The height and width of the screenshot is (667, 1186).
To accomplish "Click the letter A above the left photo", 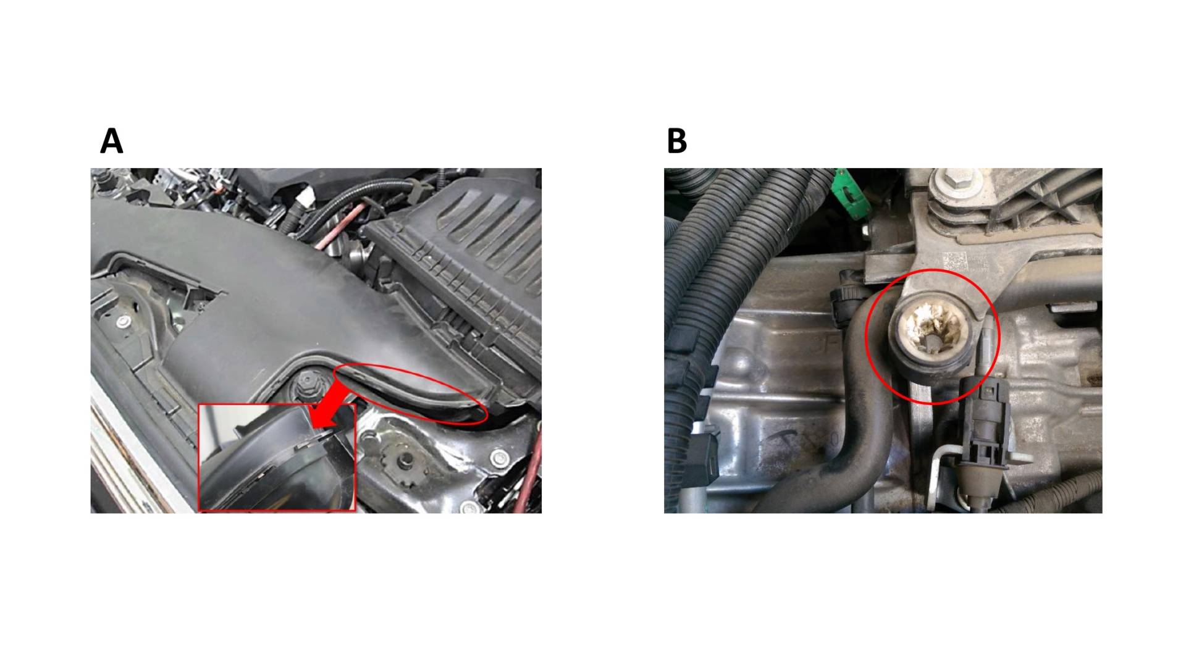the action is coord(112,141).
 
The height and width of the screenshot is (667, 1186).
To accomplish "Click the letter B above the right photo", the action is coord(677,141).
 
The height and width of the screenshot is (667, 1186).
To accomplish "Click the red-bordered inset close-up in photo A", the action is coord(277,458).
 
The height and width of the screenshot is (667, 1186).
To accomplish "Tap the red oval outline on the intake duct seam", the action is coord(410,394).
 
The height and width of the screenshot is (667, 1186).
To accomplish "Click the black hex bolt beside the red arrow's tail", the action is coord(305,385).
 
